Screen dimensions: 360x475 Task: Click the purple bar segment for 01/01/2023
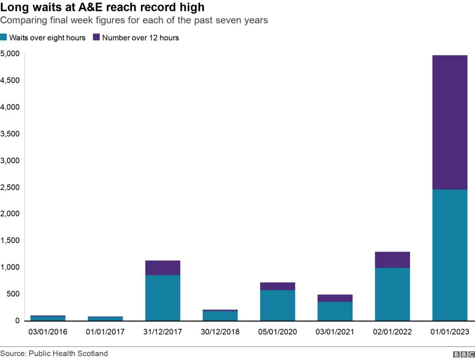[450, 122]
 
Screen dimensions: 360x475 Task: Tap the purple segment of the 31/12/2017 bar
[163, 268]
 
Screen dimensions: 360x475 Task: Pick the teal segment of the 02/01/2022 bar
[392, 294]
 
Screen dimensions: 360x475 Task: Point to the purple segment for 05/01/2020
[277, 286]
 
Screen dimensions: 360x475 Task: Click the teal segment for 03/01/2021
[335, 311]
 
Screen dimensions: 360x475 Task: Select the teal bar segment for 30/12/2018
[220, 315]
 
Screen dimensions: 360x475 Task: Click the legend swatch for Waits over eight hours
[4, 37]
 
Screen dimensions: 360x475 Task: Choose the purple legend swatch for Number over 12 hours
[96, 37]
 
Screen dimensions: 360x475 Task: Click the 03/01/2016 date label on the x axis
[48, 332]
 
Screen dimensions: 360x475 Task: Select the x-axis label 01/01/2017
[105, 332]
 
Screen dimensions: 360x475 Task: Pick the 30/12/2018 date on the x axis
[220, 332]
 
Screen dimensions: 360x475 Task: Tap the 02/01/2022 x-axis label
[392, 332]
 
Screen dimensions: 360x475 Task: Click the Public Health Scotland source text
[68, 353]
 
